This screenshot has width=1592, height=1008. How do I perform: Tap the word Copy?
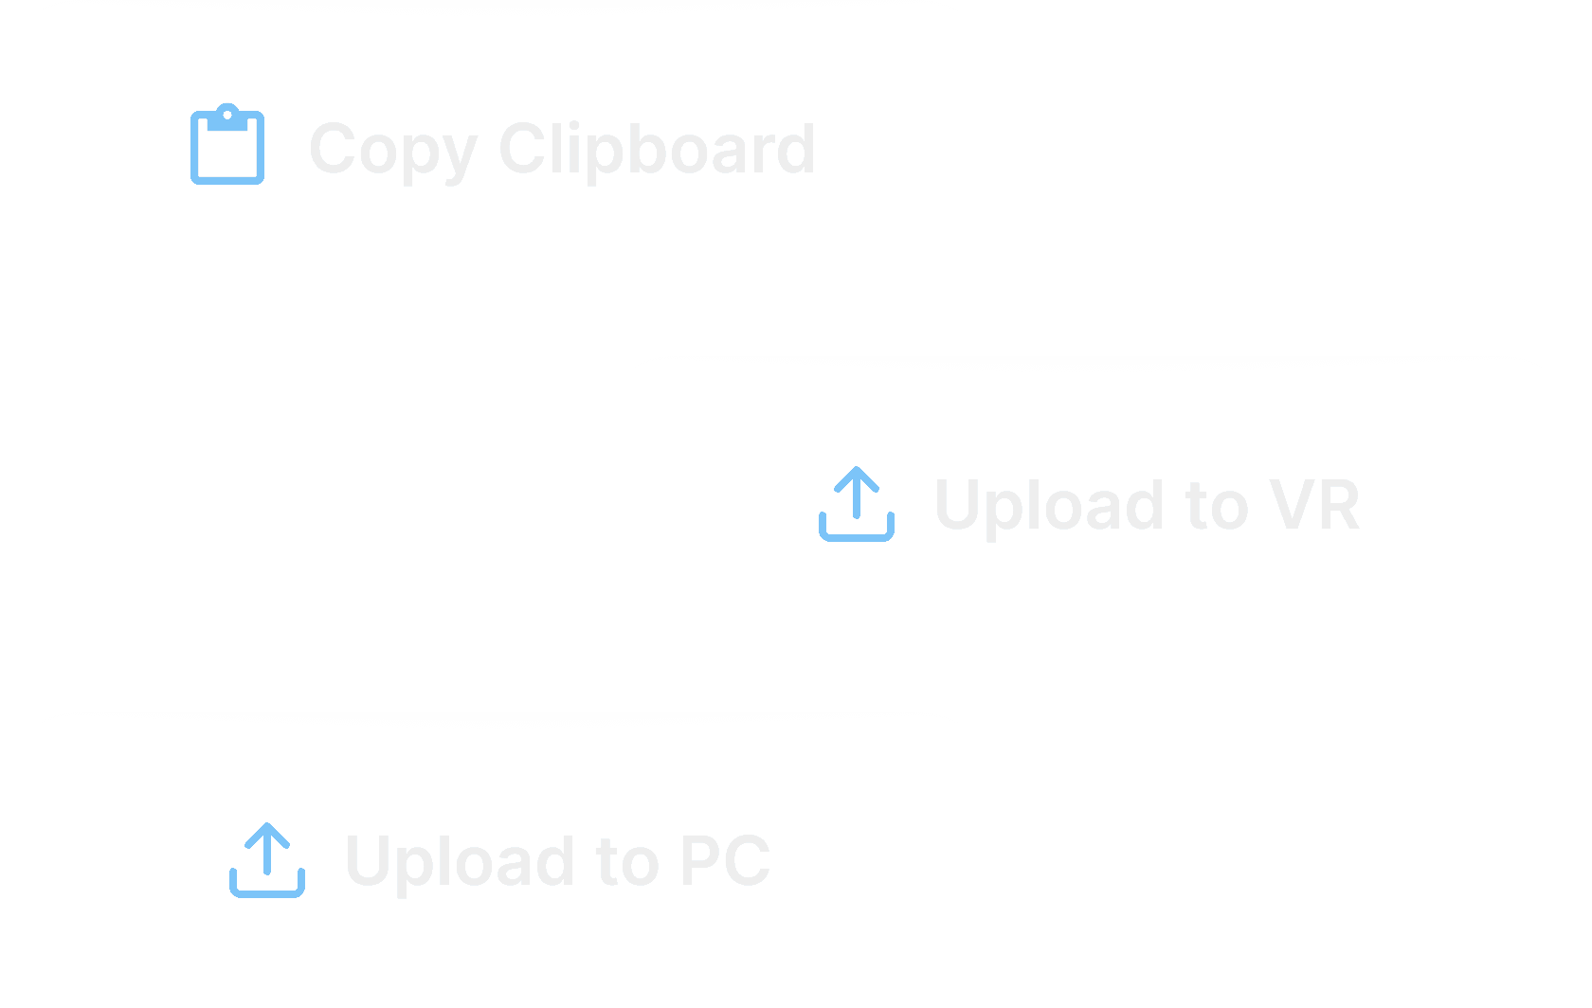[392, 150]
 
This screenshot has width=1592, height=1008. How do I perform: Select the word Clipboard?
[657, 149]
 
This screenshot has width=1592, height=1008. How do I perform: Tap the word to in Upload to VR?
[1218, 505]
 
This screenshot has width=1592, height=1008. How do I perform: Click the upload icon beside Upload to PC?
[267, 859]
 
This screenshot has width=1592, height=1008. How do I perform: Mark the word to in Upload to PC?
[627, 861]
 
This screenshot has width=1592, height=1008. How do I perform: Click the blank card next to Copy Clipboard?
[1325, 148]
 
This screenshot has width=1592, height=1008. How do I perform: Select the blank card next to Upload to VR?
[267, 504]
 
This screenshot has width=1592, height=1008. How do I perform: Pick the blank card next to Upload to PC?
[1325, 860]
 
